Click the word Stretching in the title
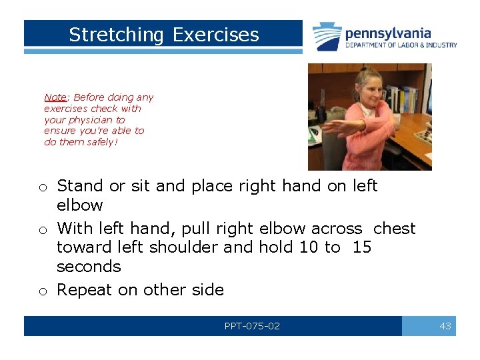click(x=116, y=35)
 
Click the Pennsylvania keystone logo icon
click(x=327, y=36)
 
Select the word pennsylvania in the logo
click(x=387, y=33)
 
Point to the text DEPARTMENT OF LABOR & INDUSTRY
click(x=401, y=45)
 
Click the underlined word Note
click(x=55, y=97)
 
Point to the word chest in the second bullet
click(x=394, y=229)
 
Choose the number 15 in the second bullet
click(x=362, y=247)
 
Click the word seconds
click(x=89, y=267)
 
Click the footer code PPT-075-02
click(x=252, y=326)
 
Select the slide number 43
click(x=445, y=326)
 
